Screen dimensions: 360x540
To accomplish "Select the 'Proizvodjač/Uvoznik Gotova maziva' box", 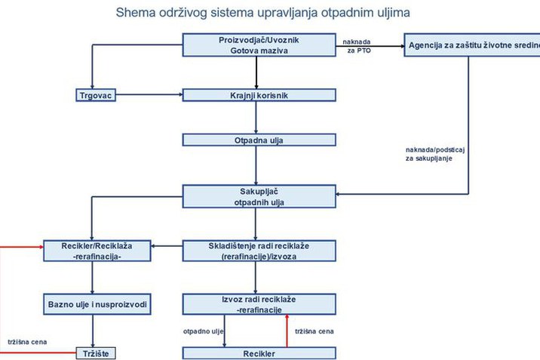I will coord(258,45).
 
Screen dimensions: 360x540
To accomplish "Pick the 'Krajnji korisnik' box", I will coord(258,96).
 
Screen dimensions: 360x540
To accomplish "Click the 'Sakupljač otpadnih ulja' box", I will coord(258,196).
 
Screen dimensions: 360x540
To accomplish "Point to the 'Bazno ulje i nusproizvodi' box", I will coord(92,304).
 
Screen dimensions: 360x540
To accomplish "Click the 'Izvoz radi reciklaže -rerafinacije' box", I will coord(258,304).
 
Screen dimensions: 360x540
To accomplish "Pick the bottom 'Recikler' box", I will coord(258,353).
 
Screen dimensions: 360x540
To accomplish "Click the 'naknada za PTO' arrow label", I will coord(357,46).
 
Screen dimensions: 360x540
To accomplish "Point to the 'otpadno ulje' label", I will coord(204,331).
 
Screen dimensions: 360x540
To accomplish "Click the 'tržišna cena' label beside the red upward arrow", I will coord(314,331).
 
